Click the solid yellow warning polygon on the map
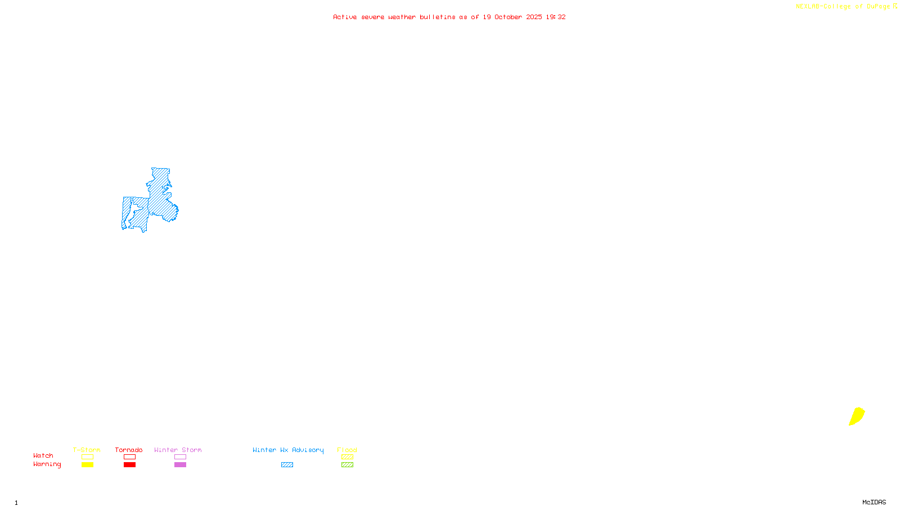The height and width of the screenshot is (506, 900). click(x=857, y=417)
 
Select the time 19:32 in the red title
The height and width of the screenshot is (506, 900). click(x=556, y=17)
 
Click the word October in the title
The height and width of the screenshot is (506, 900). click(x=508, y=17)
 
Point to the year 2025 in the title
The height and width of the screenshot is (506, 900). click(x=534, y=17)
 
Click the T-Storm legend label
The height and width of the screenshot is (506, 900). click(x=87, y=450)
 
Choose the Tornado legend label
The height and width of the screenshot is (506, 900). click(x=129, y=450)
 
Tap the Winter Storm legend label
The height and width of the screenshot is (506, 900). click(x=178, y=450)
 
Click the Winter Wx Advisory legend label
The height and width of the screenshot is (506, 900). click(x=288, y=450)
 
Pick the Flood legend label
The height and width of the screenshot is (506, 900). click(x=347, y=450)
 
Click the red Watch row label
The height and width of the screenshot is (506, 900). click(x=43, y=455)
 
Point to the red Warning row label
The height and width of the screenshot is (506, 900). click(x=47, y=464)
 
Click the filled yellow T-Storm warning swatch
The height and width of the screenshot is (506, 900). click(x=87, y=465)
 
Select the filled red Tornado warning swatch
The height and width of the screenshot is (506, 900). click(x=129, y=465)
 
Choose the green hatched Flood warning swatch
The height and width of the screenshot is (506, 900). click(x=347, y=465)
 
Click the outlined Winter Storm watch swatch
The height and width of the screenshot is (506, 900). click(x=180, y=457)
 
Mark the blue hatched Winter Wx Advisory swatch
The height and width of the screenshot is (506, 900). click(x=287, y=465)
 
